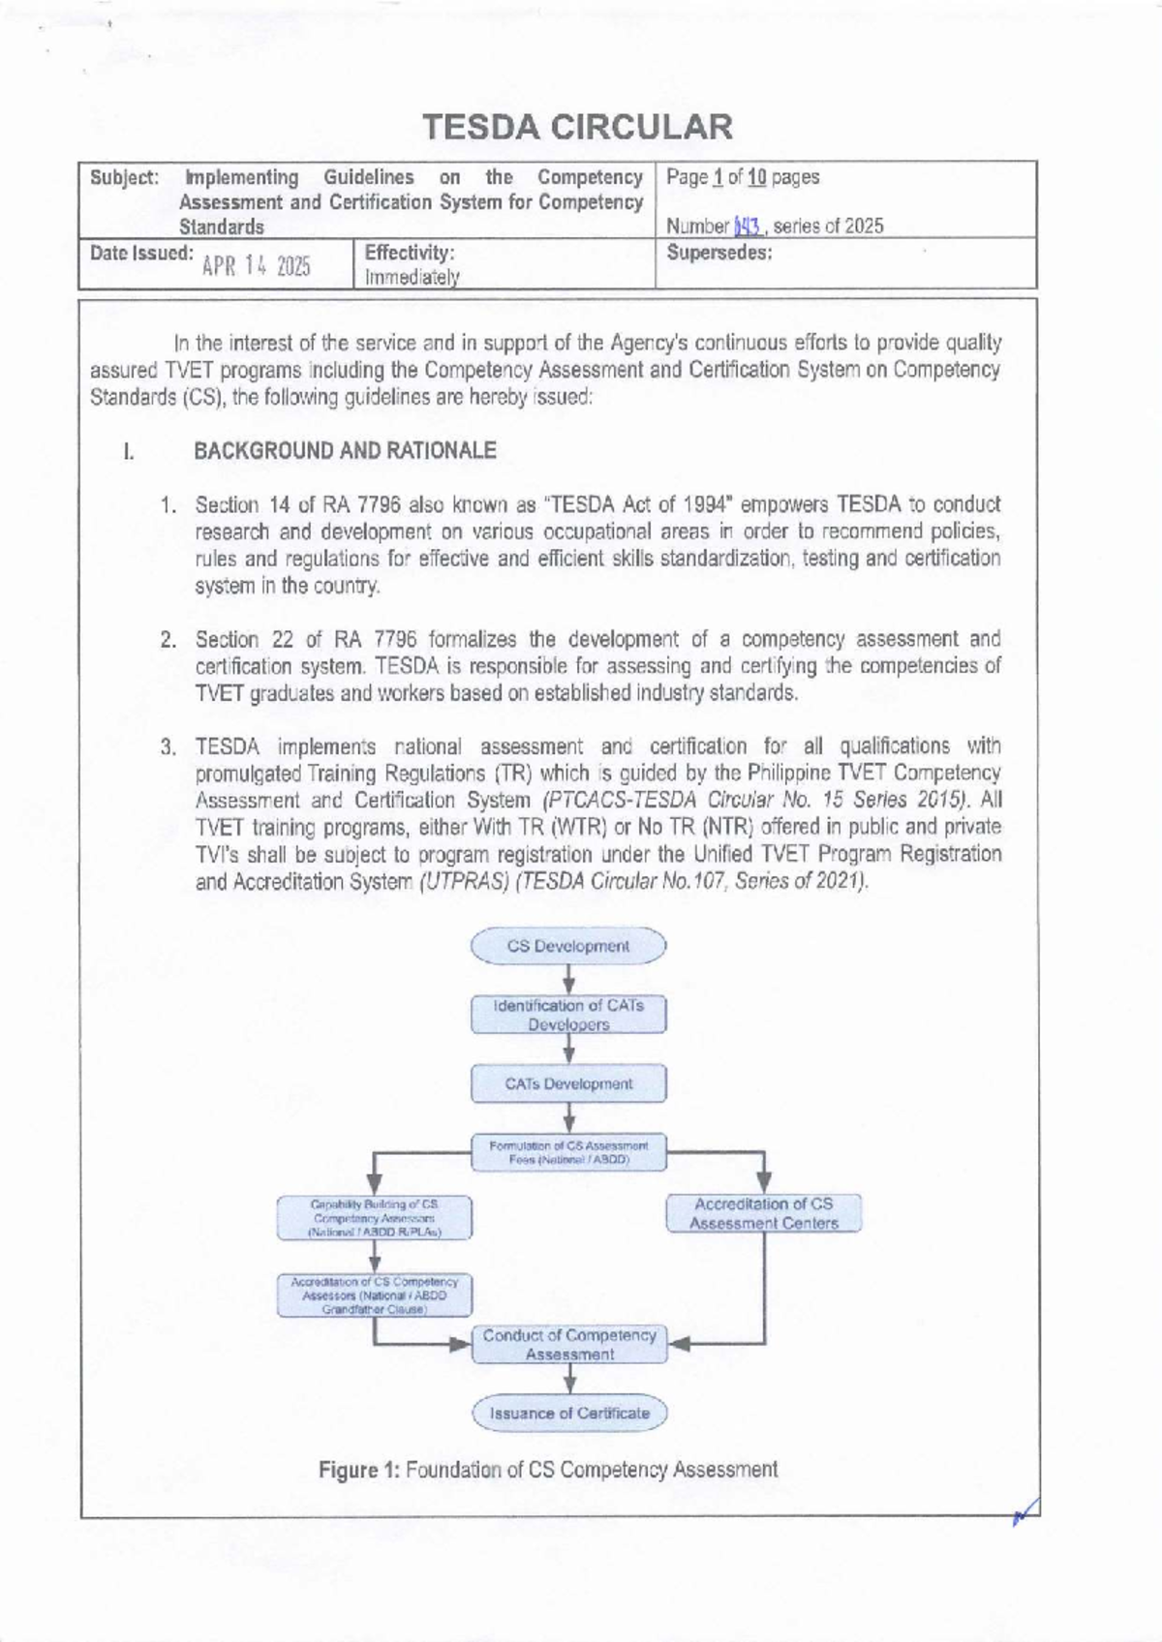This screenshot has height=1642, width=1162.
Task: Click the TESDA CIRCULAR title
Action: pos(580,127)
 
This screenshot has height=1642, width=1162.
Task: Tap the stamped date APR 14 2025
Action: pos(256,267)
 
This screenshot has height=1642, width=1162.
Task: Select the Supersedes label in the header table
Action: pos(719,254)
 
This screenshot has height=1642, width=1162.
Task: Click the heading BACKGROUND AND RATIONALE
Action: pos(345,450)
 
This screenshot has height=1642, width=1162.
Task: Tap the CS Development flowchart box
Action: pos(568,946)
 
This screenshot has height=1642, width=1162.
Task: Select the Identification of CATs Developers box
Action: pos(568,1015)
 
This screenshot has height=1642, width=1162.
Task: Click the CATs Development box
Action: pos(568,1084)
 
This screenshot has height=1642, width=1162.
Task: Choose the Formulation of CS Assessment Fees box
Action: pos(568,1152)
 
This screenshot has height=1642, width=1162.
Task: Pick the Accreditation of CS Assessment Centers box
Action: pos(763,1213)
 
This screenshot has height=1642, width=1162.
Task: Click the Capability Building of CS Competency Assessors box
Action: pos(374,1218)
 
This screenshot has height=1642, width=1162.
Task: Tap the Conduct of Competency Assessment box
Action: pos(568,1345)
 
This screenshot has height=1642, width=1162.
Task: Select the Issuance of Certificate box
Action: pos(569,1414)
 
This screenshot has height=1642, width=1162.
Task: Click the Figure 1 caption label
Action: pos(359,1470)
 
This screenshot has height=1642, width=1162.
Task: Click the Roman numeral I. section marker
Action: pos(127,451)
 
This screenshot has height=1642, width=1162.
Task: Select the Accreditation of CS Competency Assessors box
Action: pos(374,1294)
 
